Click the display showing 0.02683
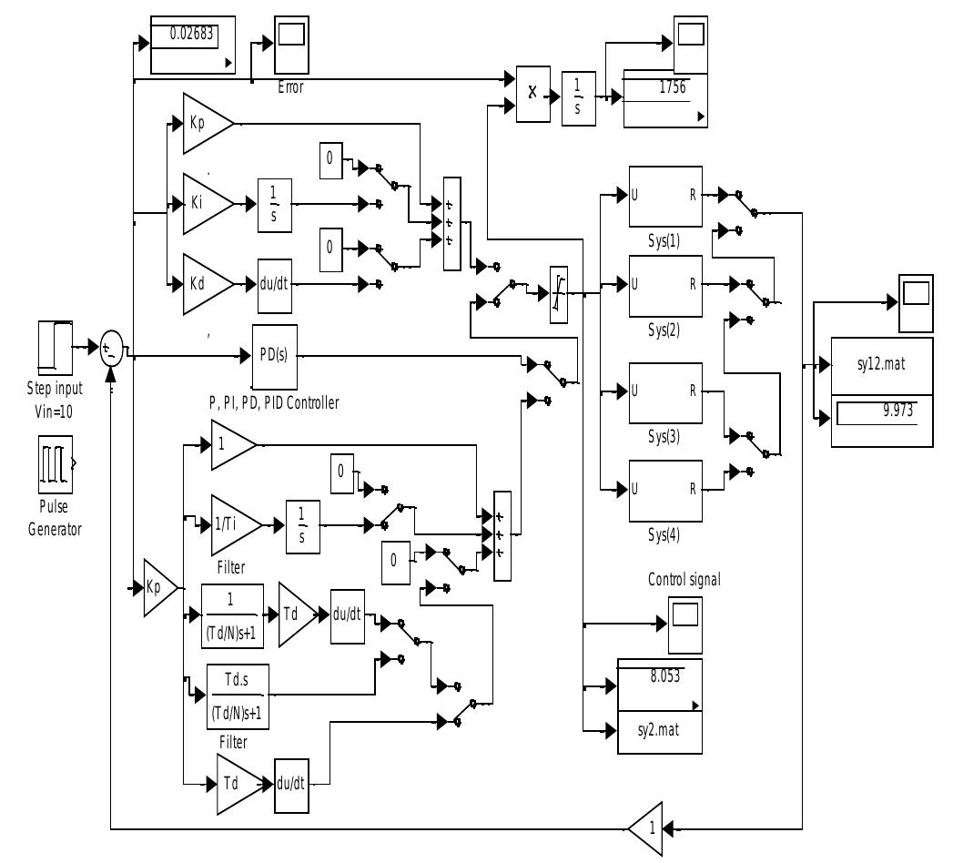(x=192, y=45)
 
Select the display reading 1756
(x=664, y=97)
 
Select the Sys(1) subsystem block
(x=666, y=196)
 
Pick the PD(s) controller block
(x=275, y=354)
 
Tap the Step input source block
(x=55, y=347)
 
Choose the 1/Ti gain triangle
(x=231, y=524)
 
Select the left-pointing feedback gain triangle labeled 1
(x=646, y=828)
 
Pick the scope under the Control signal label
(x=685, y=624)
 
